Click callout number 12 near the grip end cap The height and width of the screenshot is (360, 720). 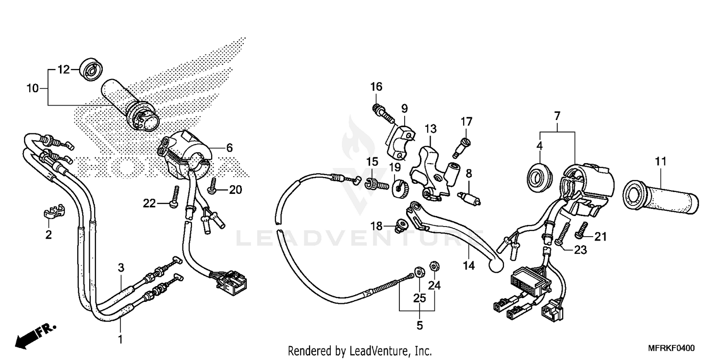[x=64, y=70]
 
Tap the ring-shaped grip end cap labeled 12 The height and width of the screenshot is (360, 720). [x=90, y=69]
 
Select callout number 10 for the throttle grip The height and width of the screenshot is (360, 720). [x=32, y=88]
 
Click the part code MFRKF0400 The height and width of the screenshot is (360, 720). [x=673, y=348]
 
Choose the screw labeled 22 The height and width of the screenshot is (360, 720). [x=176, y=197]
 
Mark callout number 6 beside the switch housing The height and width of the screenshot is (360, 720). [x=229, y=148]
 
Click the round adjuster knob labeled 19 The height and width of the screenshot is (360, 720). [x=399, y=186]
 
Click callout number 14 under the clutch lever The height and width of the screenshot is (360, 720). [x=469, y=265]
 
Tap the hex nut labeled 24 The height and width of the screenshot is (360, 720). [x=435, y=265]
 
